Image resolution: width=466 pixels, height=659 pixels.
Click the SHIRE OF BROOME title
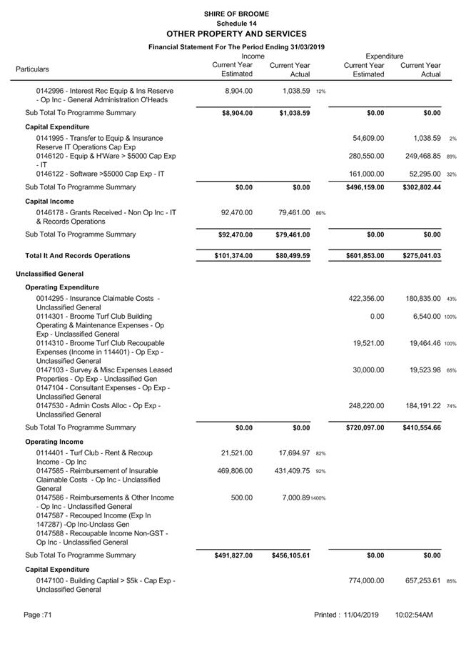tap(235, 14)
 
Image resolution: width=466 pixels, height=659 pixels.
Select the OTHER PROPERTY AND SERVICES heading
tap(235, 34)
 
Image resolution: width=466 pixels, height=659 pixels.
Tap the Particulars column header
tap(32, 69)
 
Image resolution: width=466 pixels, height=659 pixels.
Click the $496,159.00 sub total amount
tap(364, 187)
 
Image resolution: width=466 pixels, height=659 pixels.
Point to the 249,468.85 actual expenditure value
tap(420, 156)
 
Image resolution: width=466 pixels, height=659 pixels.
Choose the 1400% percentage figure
tap(318, 498)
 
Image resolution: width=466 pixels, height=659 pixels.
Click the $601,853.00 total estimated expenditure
tap(364, 256)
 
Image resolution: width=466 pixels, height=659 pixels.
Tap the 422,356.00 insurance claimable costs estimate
tap(366, 299)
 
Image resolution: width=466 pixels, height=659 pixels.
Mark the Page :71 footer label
tap(38, 615)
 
